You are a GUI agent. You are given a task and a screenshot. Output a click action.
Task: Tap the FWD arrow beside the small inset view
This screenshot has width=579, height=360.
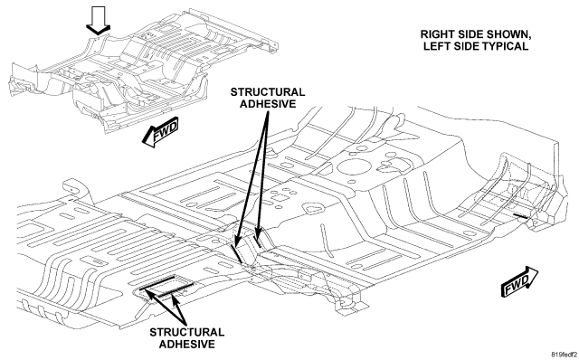[160, 133]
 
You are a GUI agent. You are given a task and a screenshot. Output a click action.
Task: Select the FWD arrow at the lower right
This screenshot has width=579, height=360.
[519, 281]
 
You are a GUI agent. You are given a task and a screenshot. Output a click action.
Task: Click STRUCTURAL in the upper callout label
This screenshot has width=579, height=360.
[268, 92]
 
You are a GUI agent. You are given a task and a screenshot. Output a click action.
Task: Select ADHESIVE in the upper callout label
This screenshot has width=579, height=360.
[268, 104]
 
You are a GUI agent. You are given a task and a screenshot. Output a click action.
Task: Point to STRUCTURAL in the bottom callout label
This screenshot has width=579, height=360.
[187, 332]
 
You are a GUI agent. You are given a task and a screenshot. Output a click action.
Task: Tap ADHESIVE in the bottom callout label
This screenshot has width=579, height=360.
[187, 344]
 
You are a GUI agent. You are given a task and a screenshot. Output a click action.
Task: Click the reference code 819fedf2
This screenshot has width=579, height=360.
[565, 355]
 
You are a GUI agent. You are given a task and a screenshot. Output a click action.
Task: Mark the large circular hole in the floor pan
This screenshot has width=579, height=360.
[353, 166]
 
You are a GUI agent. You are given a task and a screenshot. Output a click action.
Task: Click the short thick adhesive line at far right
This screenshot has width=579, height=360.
[520, 215]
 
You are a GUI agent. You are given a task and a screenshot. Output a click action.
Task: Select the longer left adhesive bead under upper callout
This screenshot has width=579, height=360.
[236, 253]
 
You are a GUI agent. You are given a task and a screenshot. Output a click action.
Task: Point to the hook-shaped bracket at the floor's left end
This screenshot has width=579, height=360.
[77, 189]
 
